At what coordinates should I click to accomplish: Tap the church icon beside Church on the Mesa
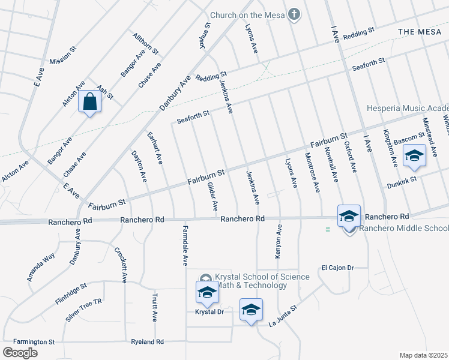click(x=294, y=14)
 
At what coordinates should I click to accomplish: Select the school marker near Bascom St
click(x=414, y=155)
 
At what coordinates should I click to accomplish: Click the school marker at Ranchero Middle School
click(x=349, y=217)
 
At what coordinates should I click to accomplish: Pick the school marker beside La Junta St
click(x=252, y=310)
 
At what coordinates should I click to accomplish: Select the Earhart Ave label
click(x=155, y=148)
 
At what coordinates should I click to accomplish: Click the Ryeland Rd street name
click(x=148, y=342)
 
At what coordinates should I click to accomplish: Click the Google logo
click(x=20, y=353)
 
